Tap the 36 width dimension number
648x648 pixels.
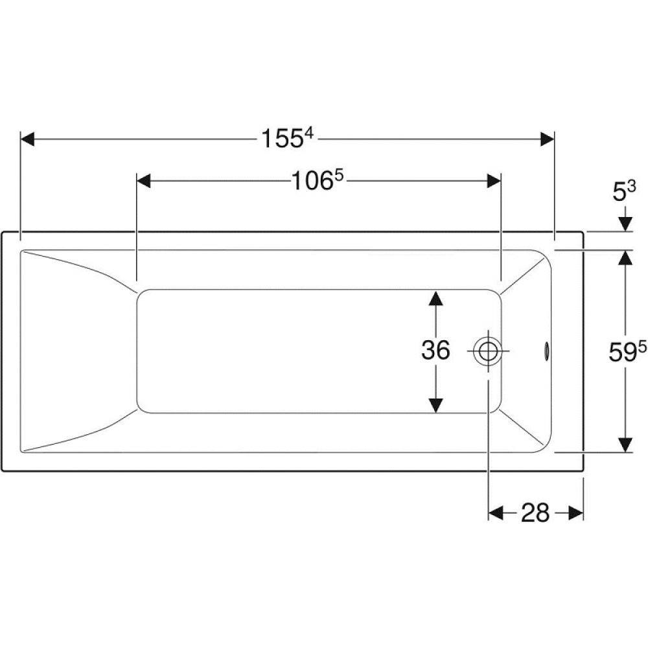click(435, 350)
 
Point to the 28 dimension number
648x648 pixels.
click(535, 513)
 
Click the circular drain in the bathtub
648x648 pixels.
click(488, 351)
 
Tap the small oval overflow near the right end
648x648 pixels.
click(546, 351)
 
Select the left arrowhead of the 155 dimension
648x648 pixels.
click(27, 139)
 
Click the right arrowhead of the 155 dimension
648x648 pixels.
click(547, 139)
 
